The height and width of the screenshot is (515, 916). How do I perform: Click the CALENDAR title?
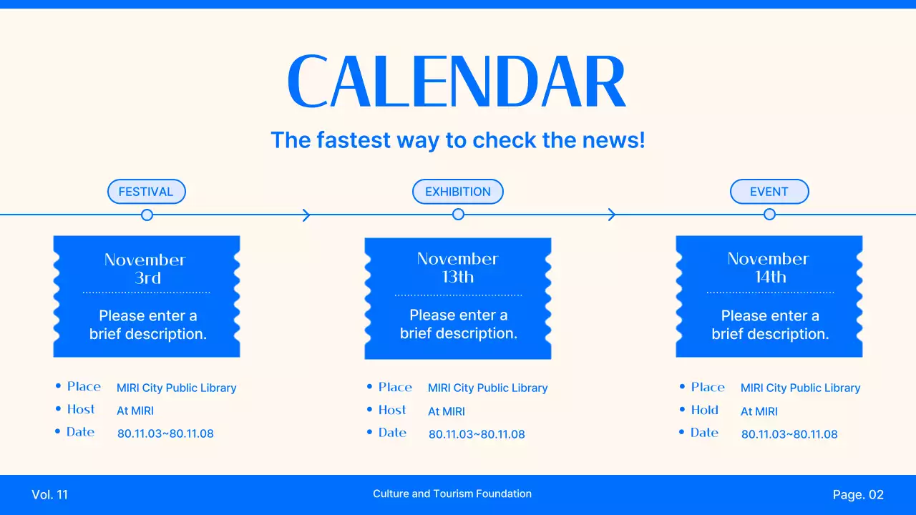[457, 81]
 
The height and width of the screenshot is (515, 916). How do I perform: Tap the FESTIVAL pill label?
[147, 192]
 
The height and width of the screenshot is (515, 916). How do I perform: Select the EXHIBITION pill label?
[457, 192]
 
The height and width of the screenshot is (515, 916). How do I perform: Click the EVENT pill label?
[769, 192]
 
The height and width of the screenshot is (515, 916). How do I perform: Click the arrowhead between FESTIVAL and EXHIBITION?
[306, 215]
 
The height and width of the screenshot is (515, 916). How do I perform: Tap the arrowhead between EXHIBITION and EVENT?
[612, 215]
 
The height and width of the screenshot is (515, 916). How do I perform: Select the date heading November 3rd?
[145, 269]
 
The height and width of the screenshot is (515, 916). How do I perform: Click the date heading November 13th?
[457, 268]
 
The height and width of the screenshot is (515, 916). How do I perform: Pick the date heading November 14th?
[769, 268]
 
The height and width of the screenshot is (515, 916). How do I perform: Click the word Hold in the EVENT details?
[705, 410]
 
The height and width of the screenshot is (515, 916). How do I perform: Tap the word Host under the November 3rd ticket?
[81, 409]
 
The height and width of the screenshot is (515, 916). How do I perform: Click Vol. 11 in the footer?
[49, 495]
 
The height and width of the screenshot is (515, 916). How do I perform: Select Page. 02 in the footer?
[858, 495]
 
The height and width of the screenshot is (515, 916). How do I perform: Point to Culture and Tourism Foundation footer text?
[452, 494]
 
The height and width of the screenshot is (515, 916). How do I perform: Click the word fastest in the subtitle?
[354, 140]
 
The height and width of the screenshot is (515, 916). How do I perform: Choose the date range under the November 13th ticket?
[477, 434]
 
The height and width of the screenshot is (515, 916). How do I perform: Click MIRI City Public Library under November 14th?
[800, 388]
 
